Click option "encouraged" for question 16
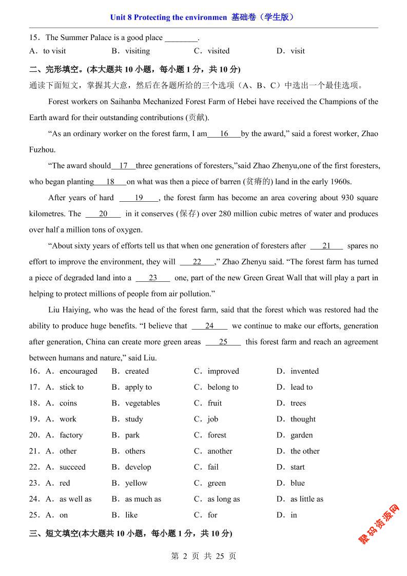click(x=78, y=371)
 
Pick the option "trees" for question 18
click(x=298, y=403)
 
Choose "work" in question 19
click(x=68, y=419)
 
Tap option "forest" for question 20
click(x=217, y=435)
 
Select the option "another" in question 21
click(x=220, y=451)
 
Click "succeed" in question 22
click(x=72, y=467)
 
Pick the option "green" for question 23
click(x=217, y=483)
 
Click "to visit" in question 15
click(x=54, y=51)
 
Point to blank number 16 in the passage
click(x=224, y=134)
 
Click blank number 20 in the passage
click(x=103, y=214)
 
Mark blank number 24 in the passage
click(x=209, y=326)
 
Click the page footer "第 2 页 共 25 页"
click(x=203, y=556)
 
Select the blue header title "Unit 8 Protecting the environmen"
click(x=168, y=17)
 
